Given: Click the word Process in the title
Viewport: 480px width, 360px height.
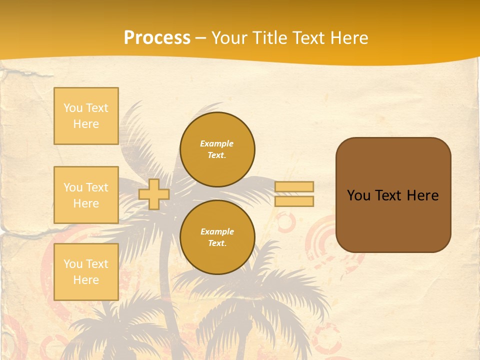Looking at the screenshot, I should tap(157, 38).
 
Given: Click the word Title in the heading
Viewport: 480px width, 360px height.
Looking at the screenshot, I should tap(270, 38).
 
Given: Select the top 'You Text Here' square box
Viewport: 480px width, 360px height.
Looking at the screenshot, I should tap(86, 116).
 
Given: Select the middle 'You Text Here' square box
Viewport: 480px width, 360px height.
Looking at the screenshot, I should tap(86, 195).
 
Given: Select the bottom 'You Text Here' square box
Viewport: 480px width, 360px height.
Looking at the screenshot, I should tap(86, 271).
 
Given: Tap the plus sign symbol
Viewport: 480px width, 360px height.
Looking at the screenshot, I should tap(154, 194).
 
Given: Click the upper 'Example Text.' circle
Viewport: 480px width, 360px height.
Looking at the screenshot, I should tap(217, 149).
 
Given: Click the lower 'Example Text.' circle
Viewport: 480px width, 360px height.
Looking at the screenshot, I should tap(217, 237).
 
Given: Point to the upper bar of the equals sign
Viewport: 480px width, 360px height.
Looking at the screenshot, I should tap(294, 187).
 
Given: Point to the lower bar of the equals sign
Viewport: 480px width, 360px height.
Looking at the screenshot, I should tap(294, 201).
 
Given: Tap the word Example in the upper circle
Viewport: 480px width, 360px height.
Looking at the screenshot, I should tap(217, 144).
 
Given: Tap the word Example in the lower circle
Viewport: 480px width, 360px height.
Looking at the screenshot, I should tap(217, 232).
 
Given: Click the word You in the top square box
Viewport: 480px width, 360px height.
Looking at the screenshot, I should tap(73, 108).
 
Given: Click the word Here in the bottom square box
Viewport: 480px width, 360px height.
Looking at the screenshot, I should tap(86, 280).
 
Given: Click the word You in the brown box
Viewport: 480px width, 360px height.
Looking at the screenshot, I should tap(358, 195).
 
